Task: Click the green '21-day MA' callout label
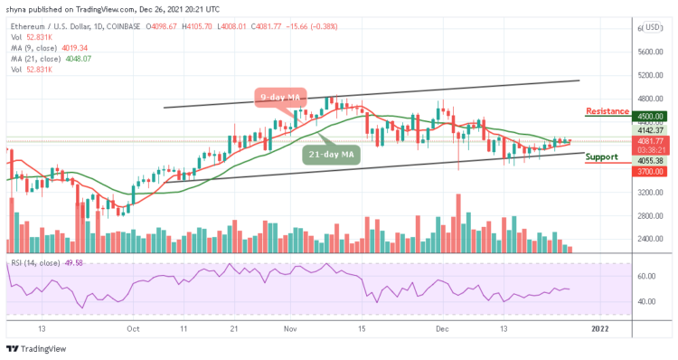(x=331, y=154)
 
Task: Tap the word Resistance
(x=607, y=111)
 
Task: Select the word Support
(x=602, y=156)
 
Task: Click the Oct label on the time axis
(x=133, y=330)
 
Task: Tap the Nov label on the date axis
(x=289, y=330)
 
